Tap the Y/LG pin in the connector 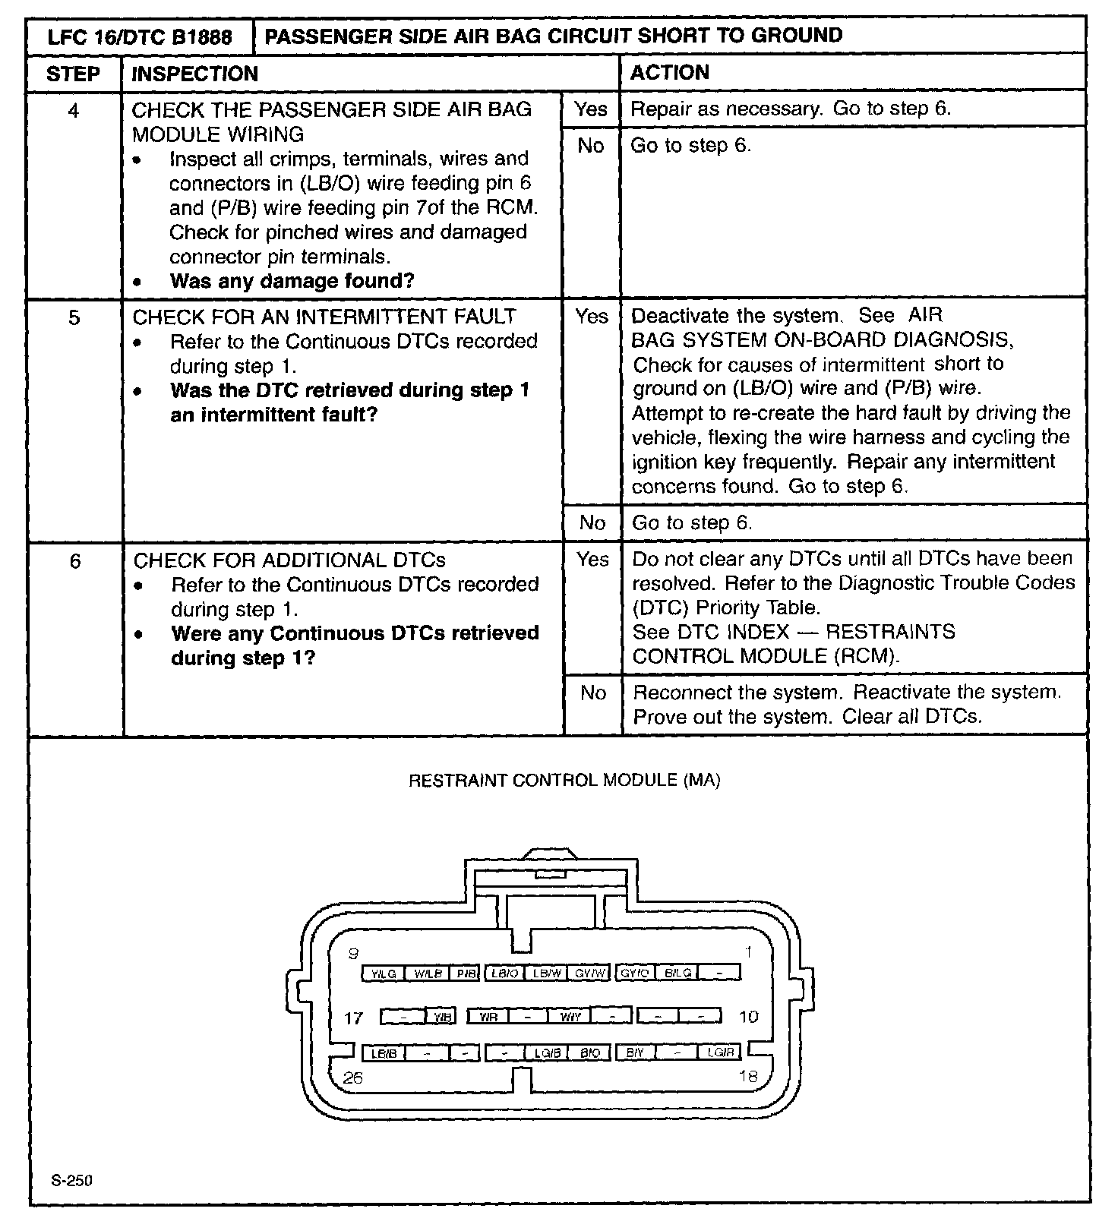coord(384,973)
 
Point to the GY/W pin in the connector coord(590,973)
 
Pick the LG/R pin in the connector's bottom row coord(720,1052)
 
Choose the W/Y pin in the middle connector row coord(570,1017)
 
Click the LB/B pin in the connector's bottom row coord(384,1053)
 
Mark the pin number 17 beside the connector coord(353,1018)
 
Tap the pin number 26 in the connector coord(352,1078)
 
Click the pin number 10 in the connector coord(748,1017)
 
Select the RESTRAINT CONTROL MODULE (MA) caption coord(564,780)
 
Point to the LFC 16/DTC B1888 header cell coord(140,36)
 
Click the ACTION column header coord(670,73)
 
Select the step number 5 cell coord(74,317)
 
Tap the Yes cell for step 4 coord(591,109)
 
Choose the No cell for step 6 coord(592,693)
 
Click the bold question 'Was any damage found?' coord(292,281)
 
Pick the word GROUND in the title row coord(797,36)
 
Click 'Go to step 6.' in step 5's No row coord(692,522)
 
